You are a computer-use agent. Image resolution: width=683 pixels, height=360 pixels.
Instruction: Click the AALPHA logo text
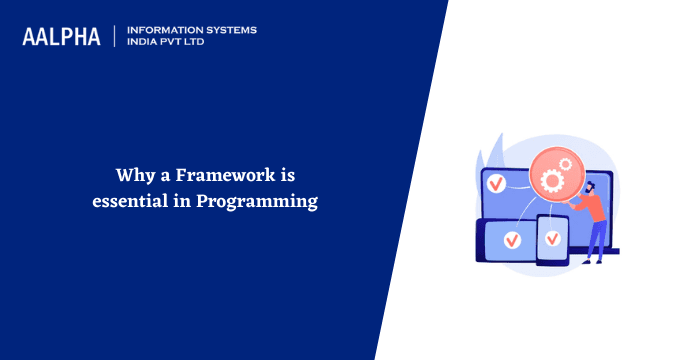point(61,37)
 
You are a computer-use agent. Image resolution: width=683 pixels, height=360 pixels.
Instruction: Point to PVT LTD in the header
point(187,43)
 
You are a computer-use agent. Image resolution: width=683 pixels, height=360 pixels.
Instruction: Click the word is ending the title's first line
point(288,176)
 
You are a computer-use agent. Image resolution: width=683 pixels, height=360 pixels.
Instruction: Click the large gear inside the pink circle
point(551,180)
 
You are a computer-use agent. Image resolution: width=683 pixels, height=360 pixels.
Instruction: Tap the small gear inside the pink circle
point(566,168)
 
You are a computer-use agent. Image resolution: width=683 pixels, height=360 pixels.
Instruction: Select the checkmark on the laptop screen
point(496,183)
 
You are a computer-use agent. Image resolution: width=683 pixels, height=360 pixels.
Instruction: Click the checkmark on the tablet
point(512,240)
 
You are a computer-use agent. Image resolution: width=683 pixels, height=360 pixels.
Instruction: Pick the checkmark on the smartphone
point(551,238)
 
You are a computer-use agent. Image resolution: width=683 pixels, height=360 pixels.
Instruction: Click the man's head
point(589,186)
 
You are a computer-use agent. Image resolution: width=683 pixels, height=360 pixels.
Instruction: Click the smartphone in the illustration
point(552,241)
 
